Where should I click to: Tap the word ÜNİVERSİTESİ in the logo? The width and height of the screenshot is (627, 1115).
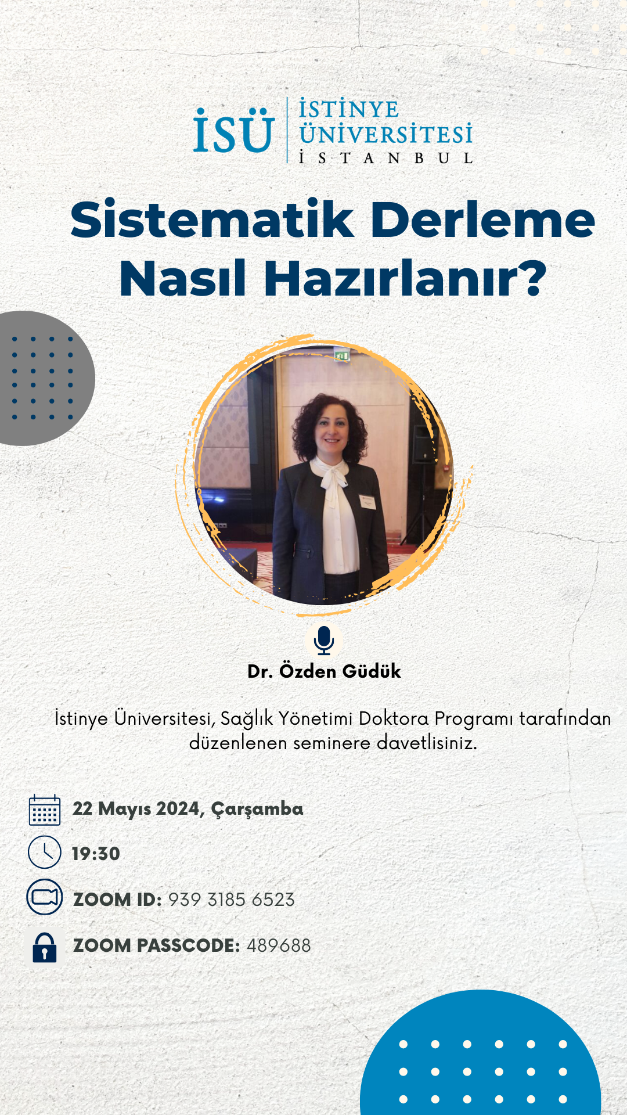[386, 135]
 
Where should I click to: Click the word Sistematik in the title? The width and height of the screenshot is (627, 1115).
[212, 220]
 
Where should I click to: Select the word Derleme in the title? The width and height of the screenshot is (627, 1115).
[483, 220]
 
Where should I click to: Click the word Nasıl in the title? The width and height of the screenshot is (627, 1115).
[183, 278]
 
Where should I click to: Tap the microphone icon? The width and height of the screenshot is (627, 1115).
[324, 641]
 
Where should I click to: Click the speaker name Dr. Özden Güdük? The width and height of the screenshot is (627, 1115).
[324, 671]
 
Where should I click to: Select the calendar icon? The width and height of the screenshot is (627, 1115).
[45, 810]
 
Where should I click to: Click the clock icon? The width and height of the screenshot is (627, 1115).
[45, 853]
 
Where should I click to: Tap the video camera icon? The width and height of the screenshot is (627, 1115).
[45, 897]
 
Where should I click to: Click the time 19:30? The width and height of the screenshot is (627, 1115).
[96, 854]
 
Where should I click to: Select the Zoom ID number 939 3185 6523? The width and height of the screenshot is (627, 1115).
[232, 900]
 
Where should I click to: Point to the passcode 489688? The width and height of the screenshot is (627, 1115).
[279, 945]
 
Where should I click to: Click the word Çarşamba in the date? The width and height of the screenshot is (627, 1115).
[257, 810]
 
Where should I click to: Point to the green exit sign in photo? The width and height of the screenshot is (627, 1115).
[341, 355]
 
